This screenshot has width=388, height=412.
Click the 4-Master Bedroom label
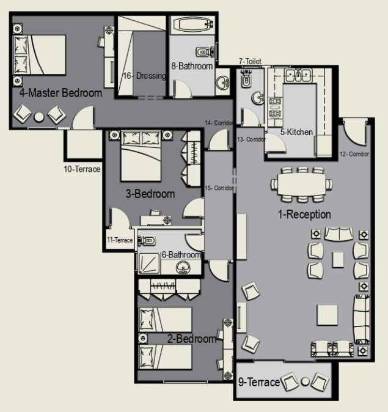[60, 93]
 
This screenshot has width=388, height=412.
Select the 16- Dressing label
[144, 76]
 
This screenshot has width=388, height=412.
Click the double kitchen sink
[299, 75]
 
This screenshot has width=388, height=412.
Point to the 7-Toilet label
[250, 61]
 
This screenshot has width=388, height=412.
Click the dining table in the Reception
[302, 184]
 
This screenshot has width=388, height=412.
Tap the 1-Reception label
[304, 215]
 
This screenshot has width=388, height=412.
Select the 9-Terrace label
[259, 382]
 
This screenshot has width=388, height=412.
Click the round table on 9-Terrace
[305, 381]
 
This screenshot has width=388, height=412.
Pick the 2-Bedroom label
[192, 339]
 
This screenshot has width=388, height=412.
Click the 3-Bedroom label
[150, 194]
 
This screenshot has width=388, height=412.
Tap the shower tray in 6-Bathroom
[149, 263]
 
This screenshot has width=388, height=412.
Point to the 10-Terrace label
[82, 169]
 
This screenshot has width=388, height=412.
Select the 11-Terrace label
[120, 240]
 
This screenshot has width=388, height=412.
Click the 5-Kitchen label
[296, 132]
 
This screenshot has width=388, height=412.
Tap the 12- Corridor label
[354, 154]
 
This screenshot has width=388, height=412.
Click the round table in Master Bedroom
[39, 117]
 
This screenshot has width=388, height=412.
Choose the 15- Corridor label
[219, 188]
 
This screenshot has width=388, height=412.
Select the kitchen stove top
[276, 107]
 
